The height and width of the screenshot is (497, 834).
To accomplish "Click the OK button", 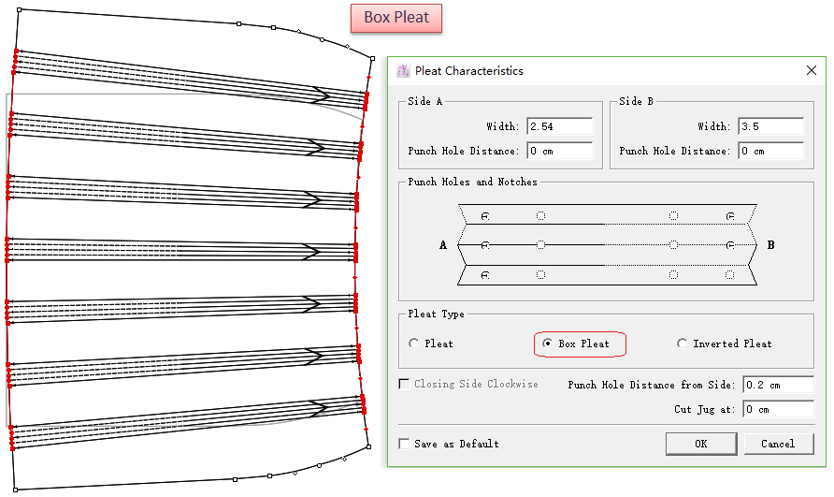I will pos(701,444).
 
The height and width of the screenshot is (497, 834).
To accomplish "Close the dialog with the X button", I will pos(811,70).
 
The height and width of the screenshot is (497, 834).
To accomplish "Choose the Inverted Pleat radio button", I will pos(682,344).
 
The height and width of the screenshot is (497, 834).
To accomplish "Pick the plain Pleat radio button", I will pos(414,344).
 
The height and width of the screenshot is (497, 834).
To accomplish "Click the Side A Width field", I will pos(559,126).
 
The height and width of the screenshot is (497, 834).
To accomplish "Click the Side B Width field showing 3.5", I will pos(770,126).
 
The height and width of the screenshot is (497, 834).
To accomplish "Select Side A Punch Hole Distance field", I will pos(559,151).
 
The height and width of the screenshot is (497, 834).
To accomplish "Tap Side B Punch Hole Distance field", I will pos(770,151).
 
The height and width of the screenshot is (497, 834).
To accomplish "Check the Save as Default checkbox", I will pos(404,444).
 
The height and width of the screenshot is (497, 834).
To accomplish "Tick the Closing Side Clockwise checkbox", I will pos(404,384).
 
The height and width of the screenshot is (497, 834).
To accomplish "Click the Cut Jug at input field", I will pos(778,409).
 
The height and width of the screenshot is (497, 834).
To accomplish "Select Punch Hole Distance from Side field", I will pos(778,385).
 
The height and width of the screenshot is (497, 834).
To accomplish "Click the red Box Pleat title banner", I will pos(395,18).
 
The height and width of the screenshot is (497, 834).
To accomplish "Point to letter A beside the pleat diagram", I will pos(444,245).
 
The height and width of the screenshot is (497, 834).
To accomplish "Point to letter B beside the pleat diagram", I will pos(770,245).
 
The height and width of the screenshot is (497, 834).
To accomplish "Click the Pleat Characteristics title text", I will pos(468,71).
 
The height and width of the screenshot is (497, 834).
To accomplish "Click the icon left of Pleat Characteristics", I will pos(403,71).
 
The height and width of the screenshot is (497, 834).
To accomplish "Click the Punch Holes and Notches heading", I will pos(472,183).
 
